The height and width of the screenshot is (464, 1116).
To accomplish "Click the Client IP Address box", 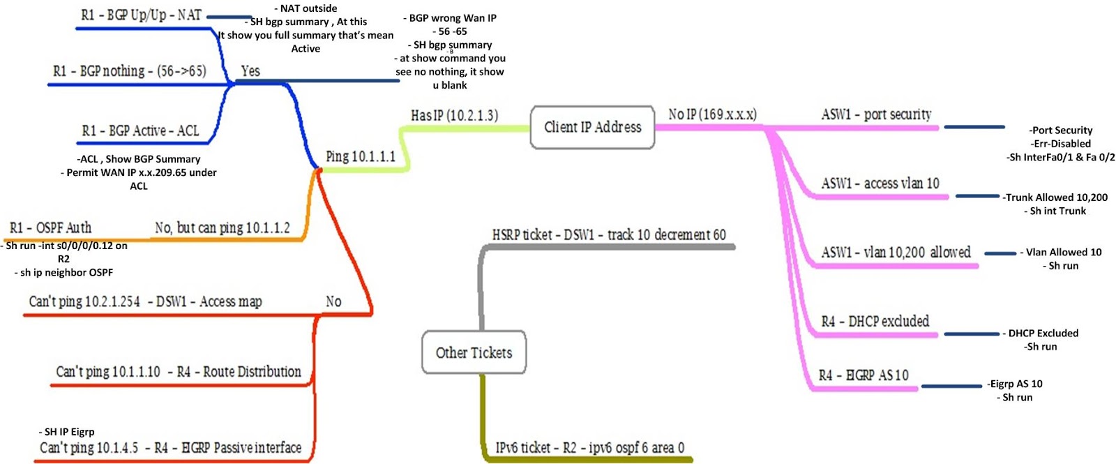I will click(x=592, y=127).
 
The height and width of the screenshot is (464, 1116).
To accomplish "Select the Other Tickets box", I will click(x=474, y=352).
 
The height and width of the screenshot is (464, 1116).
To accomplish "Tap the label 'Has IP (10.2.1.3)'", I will click(x=454, y=116).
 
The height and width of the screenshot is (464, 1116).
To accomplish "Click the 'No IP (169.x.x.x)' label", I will click(x=712, y=114).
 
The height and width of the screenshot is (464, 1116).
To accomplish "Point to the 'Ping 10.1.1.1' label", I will click(x=361, y=156).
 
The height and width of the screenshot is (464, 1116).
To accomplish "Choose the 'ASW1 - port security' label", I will click(x=876, y=114).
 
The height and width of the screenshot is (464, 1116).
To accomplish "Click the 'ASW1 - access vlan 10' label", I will click(x=880, y=184).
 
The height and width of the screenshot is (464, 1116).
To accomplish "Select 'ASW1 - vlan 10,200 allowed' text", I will click(x=896, y=253).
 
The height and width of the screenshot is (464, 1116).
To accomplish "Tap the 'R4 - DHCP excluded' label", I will click(x=875, y=322).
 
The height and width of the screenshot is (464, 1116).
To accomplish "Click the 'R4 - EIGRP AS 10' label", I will click(x=864, y=375).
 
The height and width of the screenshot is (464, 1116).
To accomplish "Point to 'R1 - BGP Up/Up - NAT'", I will click(x=141, y=15).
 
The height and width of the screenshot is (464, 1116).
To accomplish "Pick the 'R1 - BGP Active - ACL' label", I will click(x=140, y=131).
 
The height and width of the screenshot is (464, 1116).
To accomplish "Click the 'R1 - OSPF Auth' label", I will click(x=50, y=228).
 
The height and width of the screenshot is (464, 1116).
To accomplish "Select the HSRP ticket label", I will click(x=609, y=235).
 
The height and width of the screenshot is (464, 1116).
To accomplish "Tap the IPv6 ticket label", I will click(x=589, y=448).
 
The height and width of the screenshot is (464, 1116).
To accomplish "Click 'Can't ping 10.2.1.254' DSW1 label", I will click(x=145, y=302).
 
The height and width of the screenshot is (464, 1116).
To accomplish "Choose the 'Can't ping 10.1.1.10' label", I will click(x=179, y=372).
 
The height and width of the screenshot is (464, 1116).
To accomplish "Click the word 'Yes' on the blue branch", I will click(x=250, y=71).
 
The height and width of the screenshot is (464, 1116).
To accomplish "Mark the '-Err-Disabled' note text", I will click(x=1062, y=144).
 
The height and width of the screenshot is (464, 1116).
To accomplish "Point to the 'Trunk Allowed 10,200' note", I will click(x=1056, y=197).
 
